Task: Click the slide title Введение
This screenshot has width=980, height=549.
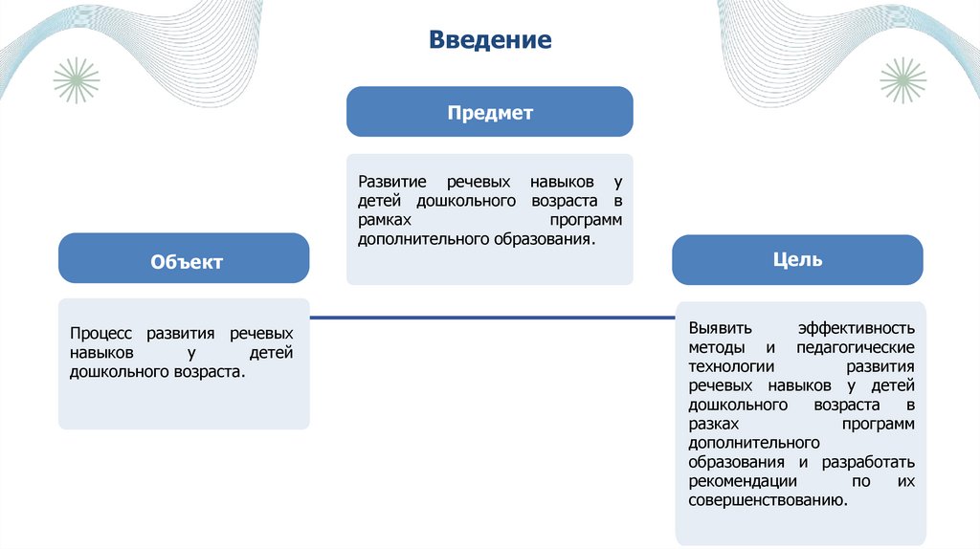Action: click(x=490, y=41)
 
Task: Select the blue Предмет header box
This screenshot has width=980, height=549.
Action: click(x=489, y=112)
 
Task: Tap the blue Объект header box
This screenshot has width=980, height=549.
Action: click(x=184, y=259)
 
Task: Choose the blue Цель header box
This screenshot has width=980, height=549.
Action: click(x=797, y=259)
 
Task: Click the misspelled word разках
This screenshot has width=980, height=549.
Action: click(x=711, y=424)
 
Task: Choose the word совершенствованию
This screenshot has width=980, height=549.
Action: click(x=768, y=500)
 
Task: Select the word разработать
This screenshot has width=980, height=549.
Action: click(x=867, y=462)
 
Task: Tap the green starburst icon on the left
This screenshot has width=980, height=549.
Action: click(x=77, y=80)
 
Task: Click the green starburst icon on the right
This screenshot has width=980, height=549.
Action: click(x=902, y=80)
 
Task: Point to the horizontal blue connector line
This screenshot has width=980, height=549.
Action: click(x=492, y=317)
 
